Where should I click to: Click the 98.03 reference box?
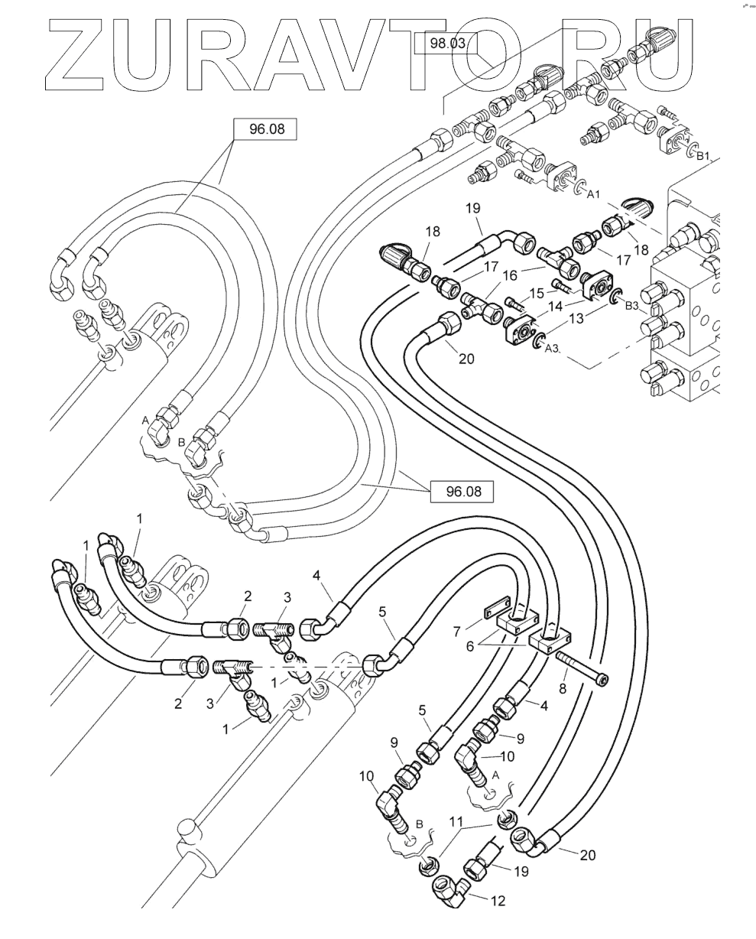click(x=447, y=44)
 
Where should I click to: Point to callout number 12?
click(x=498, y=902)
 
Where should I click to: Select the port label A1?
click(x=595, y=195)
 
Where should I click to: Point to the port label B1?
click(x=703, y=156)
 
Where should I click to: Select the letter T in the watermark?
click(x=479, y=52)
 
